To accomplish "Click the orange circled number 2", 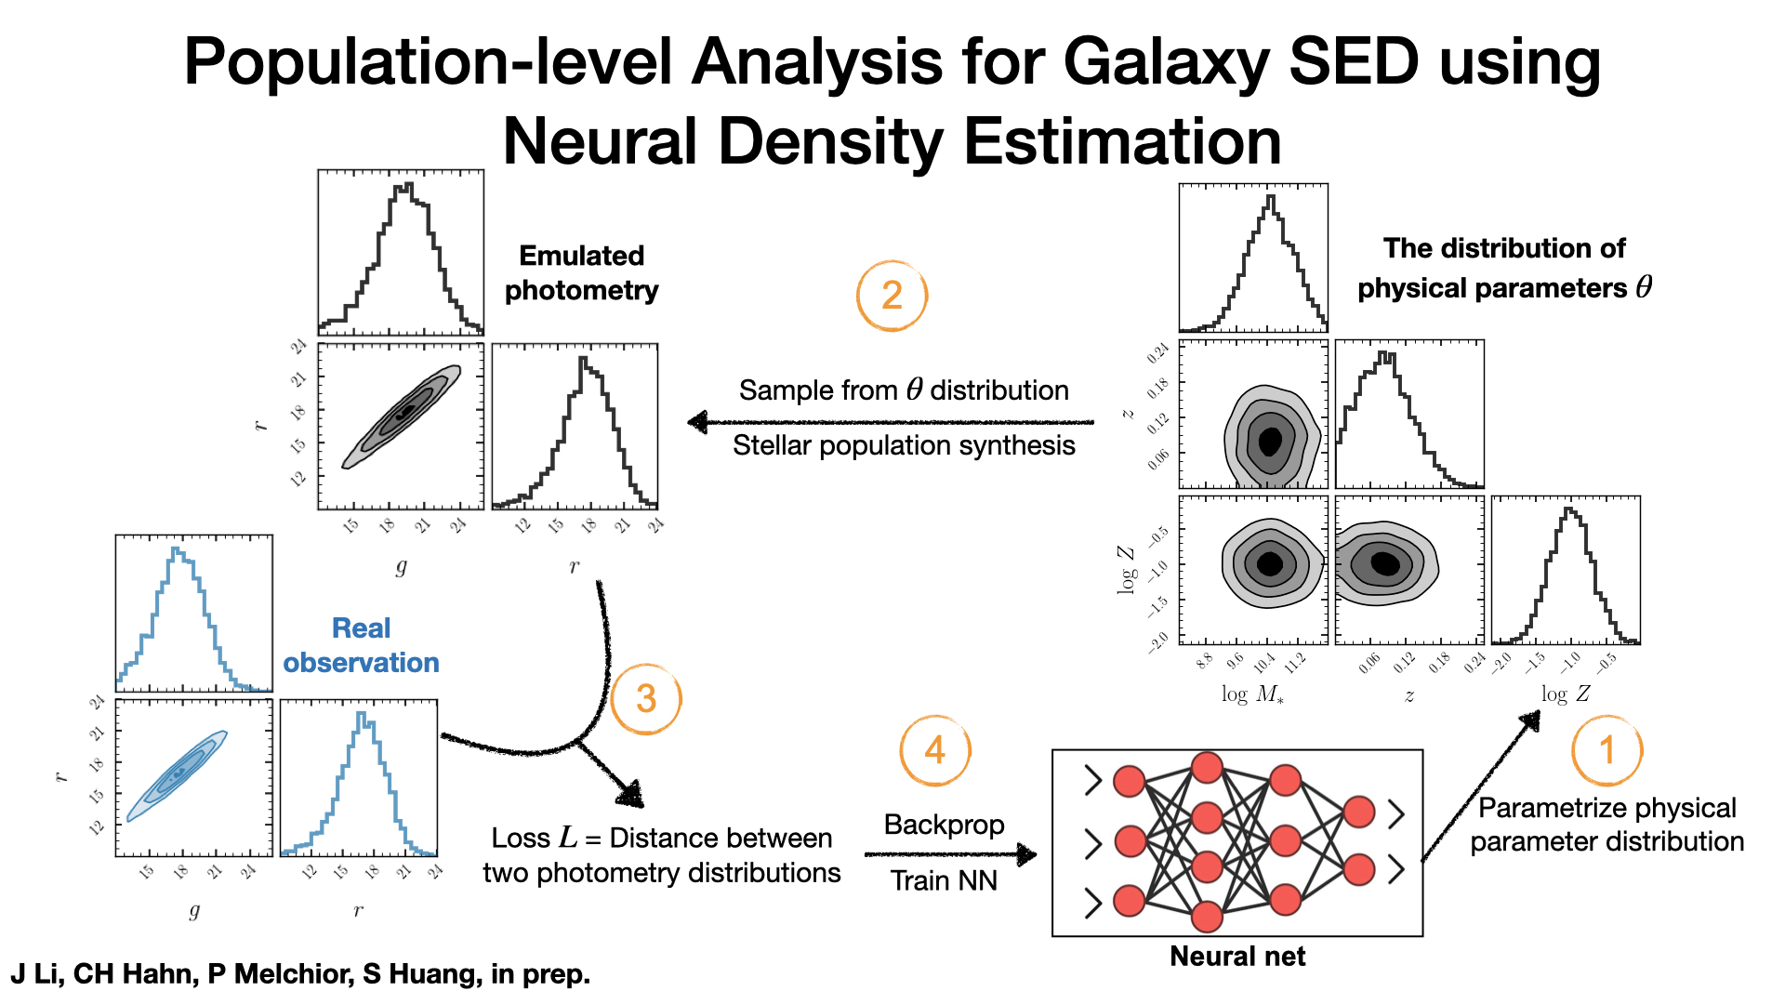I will (892, 296).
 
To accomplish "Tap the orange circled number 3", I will (646, 699).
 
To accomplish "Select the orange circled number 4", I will (934, 750).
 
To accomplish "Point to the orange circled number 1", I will (1606, 750).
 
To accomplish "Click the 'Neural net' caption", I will (1236, 956).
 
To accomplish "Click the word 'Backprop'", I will (944, 825).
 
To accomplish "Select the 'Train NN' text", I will (944, 880).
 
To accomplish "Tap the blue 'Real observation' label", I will (361, 645).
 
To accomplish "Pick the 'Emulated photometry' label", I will (581, 272).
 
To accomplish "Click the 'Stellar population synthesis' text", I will (904, 445).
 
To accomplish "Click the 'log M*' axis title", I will (1252, 694).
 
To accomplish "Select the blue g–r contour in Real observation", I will (177, 775).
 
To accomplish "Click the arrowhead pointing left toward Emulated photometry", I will (697, 423).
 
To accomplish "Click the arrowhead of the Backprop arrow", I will (1027, 854).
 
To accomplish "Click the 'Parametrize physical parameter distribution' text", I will (1606, 825).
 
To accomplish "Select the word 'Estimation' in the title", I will (1122, 141).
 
